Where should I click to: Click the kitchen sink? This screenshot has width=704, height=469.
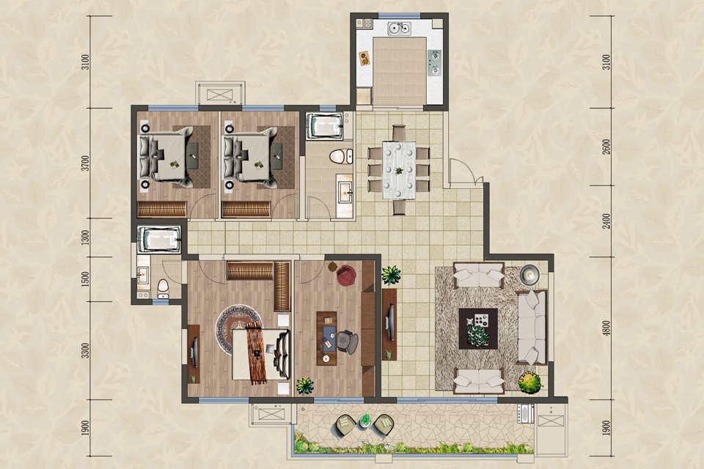click(399, 28)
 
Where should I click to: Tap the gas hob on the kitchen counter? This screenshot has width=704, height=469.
click(434, 62)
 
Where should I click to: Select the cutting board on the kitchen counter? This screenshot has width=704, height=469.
click(364, 59)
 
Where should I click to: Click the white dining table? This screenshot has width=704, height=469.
click(399, 170)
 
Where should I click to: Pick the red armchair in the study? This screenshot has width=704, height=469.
click(346, 275)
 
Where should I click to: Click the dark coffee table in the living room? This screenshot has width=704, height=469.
click(478, 328)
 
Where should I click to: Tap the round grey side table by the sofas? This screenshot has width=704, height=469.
click(529, 274)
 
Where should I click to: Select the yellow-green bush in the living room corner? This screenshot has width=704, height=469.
click(530, 383)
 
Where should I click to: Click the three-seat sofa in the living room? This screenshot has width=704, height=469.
click(532, 327)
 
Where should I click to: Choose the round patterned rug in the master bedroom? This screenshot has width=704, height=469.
click(237, 328)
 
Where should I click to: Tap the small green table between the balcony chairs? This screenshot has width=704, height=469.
click(365, 421)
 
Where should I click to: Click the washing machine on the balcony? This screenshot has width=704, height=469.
click(525, 413)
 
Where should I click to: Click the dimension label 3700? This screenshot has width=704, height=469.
click(85, 163)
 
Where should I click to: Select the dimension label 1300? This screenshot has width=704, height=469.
click(85, 237)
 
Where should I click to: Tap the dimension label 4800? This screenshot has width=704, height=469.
click(606, 328)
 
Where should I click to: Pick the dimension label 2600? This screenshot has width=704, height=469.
click(606, 147)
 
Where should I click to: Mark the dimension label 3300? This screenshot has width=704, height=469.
click(85, 350)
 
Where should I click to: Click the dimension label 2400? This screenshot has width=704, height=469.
click(606, 221)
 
